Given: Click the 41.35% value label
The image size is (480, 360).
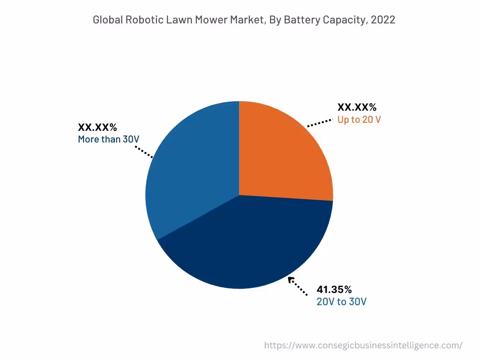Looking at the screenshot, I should (x=334, y=289).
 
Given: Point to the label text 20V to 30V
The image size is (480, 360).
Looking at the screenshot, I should (x=341, y=301).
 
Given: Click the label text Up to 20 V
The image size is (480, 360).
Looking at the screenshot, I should (x=359, y=120).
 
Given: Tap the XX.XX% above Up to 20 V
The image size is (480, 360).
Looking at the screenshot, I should (x=357, y=107).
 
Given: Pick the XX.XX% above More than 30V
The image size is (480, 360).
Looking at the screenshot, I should (x=97, y=127).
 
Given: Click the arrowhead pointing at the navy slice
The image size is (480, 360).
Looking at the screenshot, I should (x=291, y=280).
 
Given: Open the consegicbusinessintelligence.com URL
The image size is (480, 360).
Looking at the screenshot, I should (x=363, y=345).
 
